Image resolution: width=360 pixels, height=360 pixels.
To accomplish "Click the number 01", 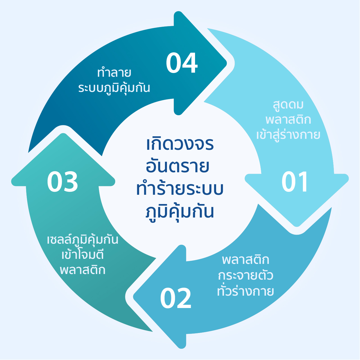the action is [x=295, y=182].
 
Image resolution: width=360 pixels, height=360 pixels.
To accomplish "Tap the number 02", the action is [x=176, y=298].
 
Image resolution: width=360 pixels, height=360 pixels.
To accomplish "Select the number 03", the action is [x=62, y=182].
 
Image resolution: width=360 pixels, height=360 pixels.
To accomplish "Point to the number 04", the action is [x=182, y=63].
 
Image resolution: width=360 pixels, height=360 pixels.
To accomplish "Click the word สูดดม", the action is [x=288, y=105].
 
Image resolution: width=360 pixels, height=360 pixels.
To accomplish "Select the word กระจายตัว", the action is [x=245, y=276].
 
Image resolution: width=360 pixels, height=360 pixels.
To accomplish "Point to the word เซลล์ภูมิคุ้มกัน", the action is [x=82, y=240].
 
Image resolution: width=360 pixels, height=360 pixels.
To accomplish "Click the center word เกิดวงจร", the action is [x=180, y=144].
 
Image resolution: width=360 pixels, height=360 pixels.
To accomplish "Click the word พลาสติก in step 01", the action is [x=288, y=120].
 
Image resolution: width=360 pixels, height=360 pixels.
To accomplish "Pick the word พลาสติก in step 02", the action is [x=245, y=260].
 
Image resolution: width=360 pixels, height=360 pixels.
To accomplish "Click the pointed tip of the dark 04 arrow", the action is [x=227, y=63].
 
